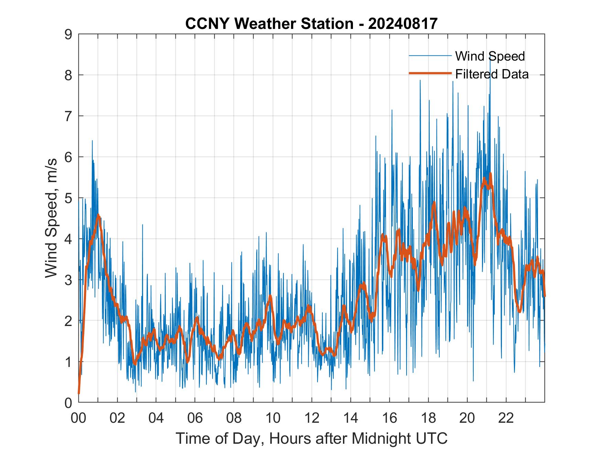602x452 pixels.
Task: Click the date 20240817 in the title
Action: tap(403, 24)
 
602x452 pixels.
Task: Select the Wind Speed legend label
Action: tap(490, 56)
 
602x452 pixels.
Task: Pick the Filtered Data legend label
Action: tap(492, 74)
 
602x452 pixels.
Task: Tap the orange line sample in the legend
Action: tap(430, 73)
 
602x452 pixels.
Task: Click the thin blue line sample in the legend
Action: tap(430, 56)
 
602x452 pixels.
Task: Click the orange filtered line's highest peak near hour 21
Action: tap(490, 174)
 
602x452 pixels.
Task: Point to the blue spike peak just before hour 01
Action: tap(92, 140)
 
